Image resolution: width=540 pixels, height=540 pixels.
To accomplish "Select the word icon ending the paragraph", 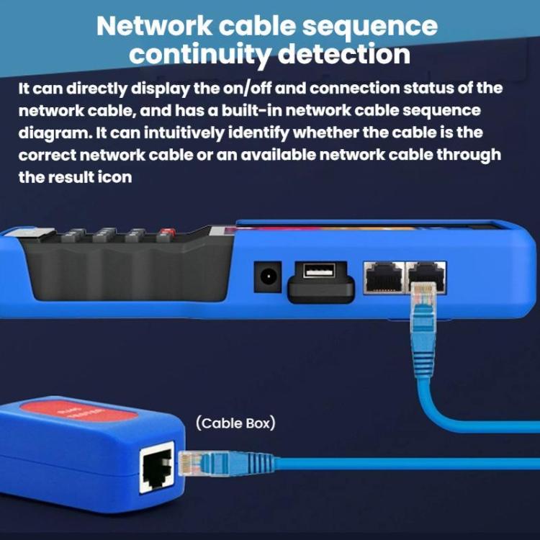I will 114,177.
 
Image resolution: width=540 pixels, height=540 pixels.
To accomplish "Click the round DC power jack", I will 267,276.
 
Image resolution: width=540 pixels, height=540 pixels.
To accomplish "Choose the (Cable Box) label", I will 235,423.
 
